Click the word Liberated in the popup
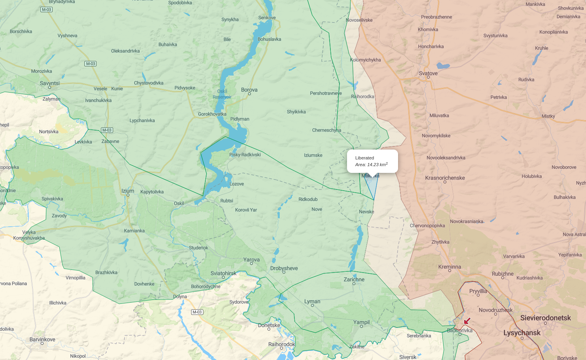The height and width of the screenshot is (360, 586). tap(364, 158)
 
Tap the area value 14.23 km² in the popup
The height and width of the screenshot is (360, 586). tap(371, 165)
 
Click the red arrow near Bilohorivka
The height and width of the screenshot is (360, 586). tap(467, 321)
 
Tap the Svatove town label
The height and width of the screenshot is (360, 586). tap(428, 73)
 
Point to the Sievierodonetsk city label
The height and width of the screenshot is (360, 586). tap(545, 318)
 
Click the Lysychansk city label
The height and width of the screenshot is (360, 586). tap(522, 333)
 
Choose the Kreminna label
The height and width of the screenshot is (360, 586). tap(449, 267)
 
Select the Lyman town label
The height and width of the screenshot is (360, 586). tap(312, 301)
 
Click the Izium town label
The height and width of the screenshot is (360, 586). tap(127, 191)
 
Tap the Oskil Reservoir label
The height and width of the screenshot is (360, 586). tap(222, 94)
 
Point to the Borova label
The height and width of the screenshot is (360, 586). tap(249, 90)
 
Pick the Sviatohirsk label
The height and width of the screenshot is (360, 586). tap(223, 273)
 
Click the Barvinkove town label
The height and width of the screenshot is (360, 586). tap(42, 339)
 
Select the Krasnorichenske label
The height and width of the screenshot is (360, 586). tap(445, 178)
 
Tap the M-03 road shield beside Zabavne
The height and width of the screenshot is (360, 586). tap(107, 130)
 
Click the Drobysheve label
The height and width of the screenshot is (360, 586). tap(284, 268)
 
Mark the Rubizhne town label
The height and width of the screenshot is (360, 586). tap(503, 274)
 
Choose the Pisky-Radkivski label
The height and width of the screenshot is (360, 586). tap(245, 155)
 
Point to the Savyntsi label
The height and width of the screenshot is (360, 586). tap(49, 83)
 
